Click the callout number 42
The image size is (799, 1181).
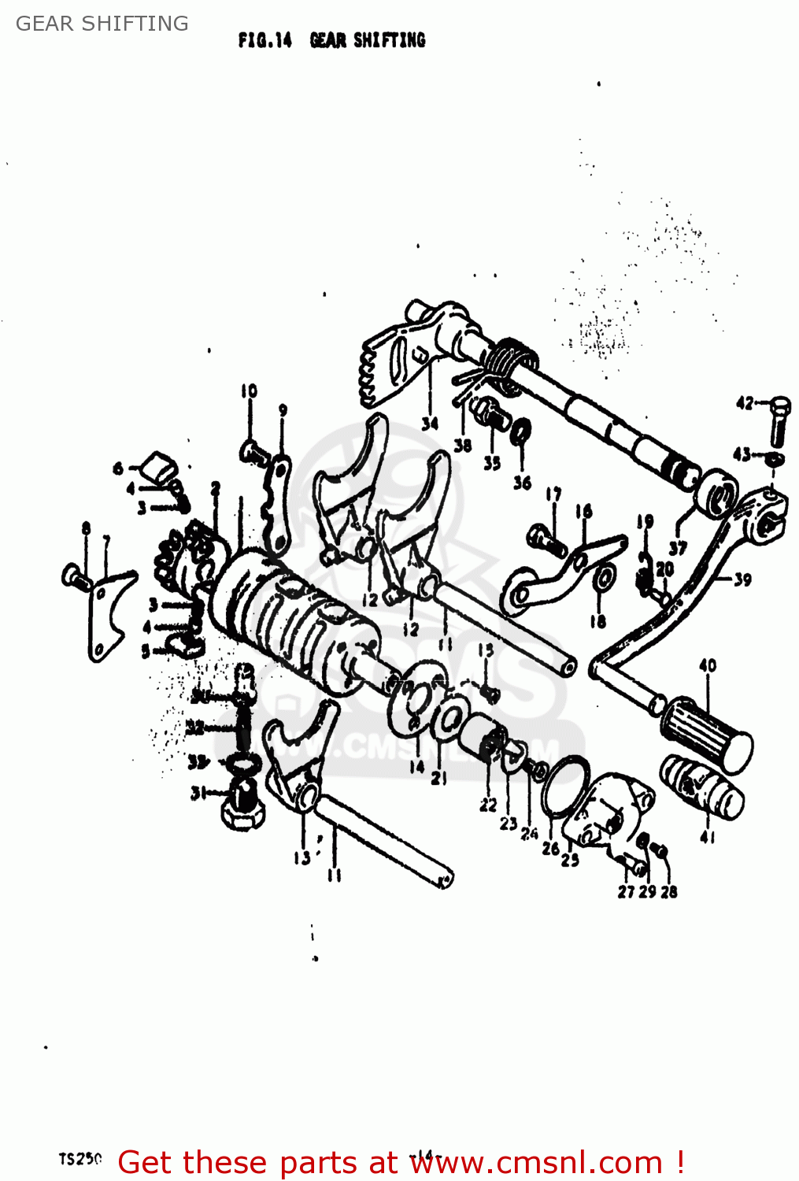(x=744, y=404)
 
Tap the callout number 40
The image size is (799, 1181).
(x=708, y=665)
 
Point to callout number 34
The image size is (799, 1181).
(x=429, y=424)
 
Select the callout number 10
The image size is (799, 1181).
(x=249, y=391)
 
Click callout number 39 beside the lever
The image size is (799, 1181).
(x=742, y=579)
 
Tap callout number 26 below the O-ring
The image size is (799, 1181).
(x=550, y=848)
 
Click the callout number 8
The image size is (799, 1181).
(x=86, y=528)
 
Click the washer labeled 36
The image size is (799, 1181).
(x=521, y=432)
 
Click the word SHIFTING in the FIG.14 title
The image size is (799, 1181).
(x=389, y=40)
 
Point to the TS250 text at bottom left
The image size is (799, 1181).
(x=80, y=1159)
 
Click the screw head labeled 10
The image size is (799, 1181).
(x=250, y=452)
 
